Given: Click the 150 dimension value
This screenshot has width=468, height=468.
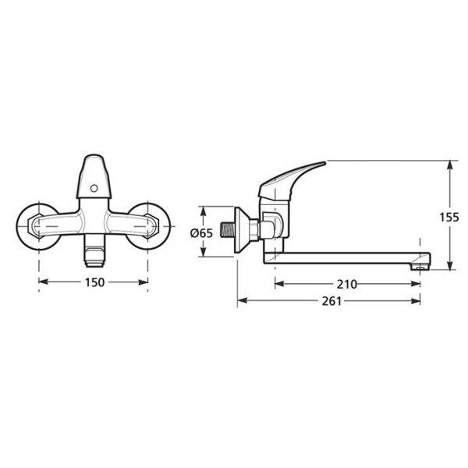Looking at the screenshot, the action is (95, 282).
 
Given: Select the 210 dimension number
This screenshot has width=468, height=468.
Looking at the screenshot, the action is (347, 284).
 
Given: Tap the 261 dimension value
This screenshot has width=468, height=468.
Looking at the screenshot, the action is (331, 301).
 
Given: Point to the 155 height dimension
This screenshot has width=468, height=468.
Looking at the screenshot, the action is (449, 217).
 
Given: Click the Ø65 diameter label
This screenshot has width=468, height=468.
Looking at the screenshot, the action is (201, 232).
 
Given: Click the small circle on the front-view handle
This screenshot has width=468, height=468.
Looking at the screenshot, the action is (94, 188).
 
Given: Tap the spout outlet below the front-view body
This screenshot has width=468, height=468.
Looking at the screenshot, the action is (94, 250).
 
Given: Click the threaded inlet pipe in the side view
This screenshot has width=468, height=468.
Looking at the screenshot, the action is (228, 229).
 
